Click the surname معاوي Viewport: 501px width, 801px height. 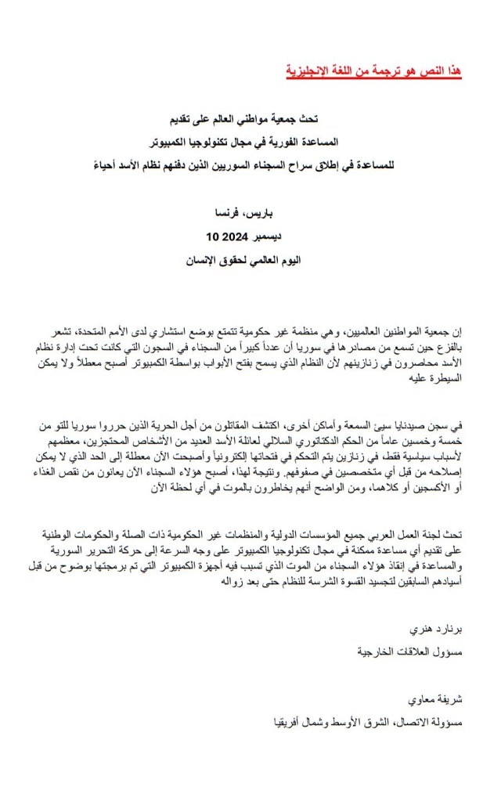click(413, 699)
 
